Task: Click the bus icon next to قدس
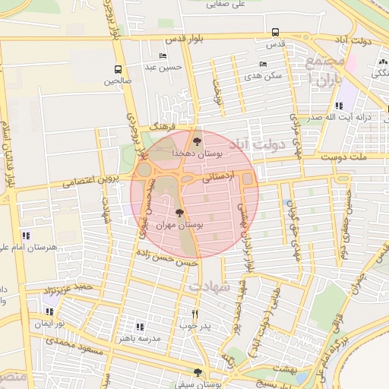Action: coord(274,33)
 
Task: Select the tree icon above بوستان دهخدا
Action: coord(198,140)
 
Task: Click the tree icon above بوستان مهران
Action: coord(179,213)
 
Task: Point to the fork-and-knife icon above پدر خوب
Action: coord(194,314)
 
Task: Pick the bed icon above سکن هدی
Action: coord(263,65)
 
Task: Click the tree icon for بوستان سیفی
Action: coord(198,372)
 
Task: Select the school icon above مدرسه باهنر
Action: coord(139,326)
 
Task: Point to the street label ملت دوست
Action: coord(348,156)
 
